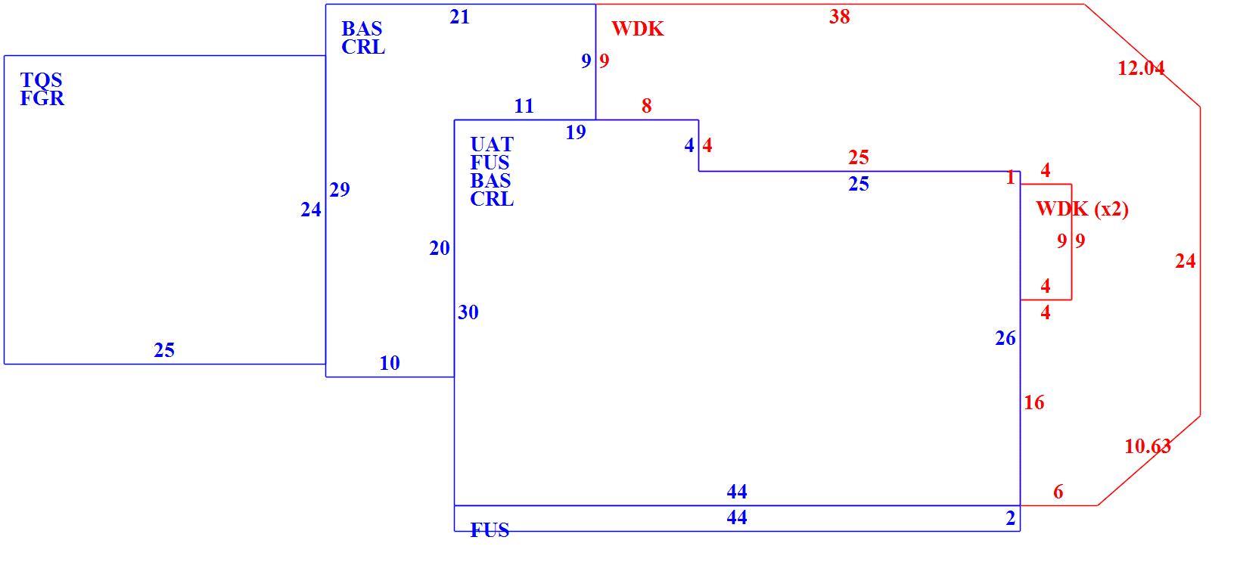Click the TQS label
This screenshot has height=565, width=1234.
pyautogui.click(x=42, y=80)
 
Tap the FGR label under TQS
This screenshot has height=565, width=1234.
pyautogui.click(x=42, y=98)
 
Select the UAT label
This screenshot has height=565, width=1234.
pyautogui.click(x=491, y=144)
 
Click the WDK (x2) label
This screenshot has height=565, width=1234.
pyautogui.click(x=1082, y=210)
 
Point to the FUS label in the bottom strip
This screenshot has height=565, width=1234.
pyautogui.click(x=490, y=530)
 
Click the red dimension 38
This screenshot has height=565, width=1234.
pyautogui.click(x=840, y=17)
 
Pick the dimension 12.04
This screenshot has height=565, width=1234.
pyautogui.click(x=1141, y=68)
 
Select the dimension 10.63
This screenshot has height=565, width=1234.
pyautogui.click(x=1148, y=446)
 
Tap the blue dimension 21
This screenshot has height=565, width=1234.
pyautogui.click(x=459, y=17)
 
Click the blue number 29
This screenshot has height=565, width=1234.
pyautogui.click(x=340, y=190)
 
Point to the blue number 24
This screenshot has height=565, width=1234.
pyautogui.click(x=311, y=210)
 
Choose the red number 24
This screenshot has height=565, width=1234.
pyautogui.click(x=1185, y=261)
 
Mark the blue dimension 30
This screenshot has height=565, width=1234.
pyautogui.click(x=468, y=313)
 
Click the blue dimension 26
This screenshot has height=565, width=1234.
pyautogui.click(x=1005, y=339)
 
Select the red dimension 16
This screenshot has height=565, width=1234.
pyautogui.click(x=1034, y=403)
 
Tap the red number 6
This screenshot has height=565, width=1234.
pyautogui.click(x=1058, y=492)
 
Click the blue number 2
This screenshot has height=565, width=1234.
pyautogui.click(x=1010, y=518)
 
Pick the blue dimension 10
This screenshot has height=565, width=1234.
pyautogui.click(x=390, y=364)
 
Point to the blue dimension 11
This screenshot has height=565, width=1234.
pyautogui.click(x=524, y=107)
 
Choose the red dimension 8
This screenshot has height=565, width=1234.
pyautogui.click(x=646, y=107)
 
